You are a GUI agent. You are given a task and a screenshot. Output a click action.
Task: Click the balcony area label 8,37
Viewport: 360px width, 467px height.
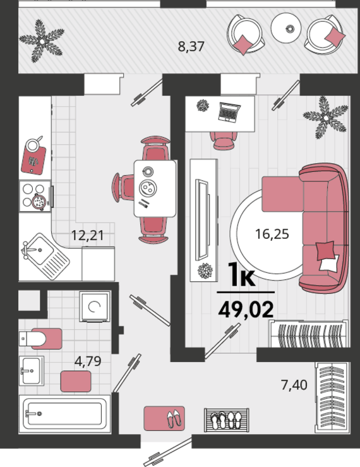[x=191, y=47]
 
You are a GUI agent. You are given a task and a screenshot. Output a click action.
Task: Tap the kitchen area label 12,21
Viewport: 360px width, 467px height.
[x=88, y=235]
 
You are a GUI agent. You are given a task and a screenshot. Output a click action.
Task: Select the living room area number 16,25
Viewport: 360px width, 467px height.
[x=272, y=234]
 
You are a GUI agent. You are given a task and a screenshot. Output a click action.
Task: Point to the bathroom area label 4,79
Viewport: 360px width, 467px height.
[x=88, y=361]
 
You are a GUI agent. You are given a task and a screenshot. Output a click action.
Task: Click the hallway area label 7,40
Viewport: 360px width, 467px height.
[x=294, y=385]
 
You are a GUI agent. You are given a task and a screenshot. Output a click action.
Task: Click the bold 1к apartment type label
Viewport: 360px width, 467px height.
[x=242, y=275]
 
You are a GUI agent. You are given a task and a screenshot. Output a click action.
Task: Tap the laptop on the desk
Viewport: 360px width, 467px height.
[x=229, y=112]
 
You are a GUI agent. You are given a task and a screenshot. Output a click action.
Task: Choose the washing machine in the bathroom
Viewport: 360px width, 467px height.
[x=95, y=306]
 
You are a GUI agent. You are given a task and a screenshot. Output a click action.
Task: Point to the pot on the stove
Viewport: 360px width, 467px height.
[x=39, y=202]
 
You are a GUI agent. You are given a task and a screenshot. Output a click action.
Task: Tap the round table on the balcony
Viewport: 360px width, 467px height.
[x=286, y=28]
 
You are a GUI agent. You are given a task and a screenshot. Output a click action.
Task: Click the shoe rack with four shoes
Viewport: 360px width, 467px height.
[x=227, y=420]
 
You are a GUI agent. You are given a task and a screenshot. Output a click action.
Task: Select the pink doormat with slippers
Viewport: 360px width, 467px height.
[x=164, y=418]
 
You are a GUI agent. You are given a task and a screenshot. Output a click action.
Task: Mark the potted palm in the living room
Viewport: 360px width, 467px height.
[x=326, y=118]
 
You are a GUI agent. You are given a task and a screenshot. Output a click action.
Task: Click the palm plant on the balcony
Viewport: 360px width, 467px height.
[x=42, y=41]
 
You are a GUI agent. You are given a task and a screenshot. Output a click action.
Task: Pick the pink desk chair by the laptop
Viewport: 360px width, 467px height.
[x=224, y=140]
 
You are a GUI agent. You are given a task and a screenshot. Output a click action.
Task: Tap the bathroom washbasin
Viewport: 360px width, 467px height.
[x=32, y=371]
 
